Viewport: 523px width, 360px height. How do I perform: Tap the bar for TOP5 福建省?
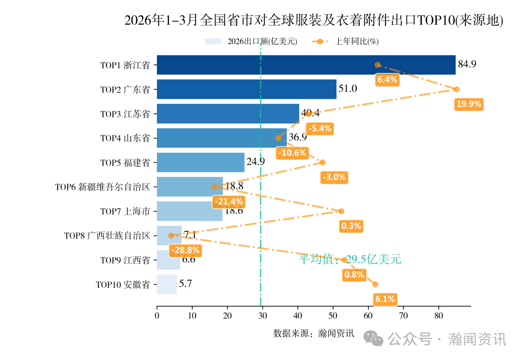coord(200,162)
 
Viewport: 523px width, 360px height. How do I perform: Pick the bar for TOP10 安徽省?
coord(167,284)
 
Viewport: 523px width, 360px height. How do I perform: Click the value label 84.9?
coord(467,64)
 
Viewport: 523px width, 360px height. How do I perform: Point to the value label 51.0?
coord(348,89)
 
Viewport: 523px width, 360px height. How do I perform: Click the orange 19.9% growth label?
coord(468,104)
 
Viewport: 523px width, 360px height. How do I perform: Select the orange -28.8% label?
coord(185,250)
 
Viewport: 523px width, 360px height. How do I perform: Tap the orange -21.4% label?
coord(229,202)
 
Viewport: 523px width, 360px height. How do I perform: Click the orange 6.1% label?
coord(385,299)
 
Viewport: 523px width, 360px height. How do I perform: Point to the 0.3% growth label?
coord(351,226)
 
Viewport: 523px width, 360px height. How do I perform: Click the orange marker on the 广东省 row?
coord(456,89)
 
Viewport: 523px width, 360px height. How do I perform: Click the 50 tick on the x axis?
coord(333,316)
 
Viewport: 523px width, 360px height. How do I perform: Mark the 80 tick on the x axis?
coord(439,316)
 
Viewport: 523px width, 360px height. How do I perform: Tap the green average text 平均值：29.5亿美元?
coord(350,259)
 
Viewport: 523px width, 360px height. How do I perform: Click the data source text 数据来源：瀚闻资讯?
coord(314,333)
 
